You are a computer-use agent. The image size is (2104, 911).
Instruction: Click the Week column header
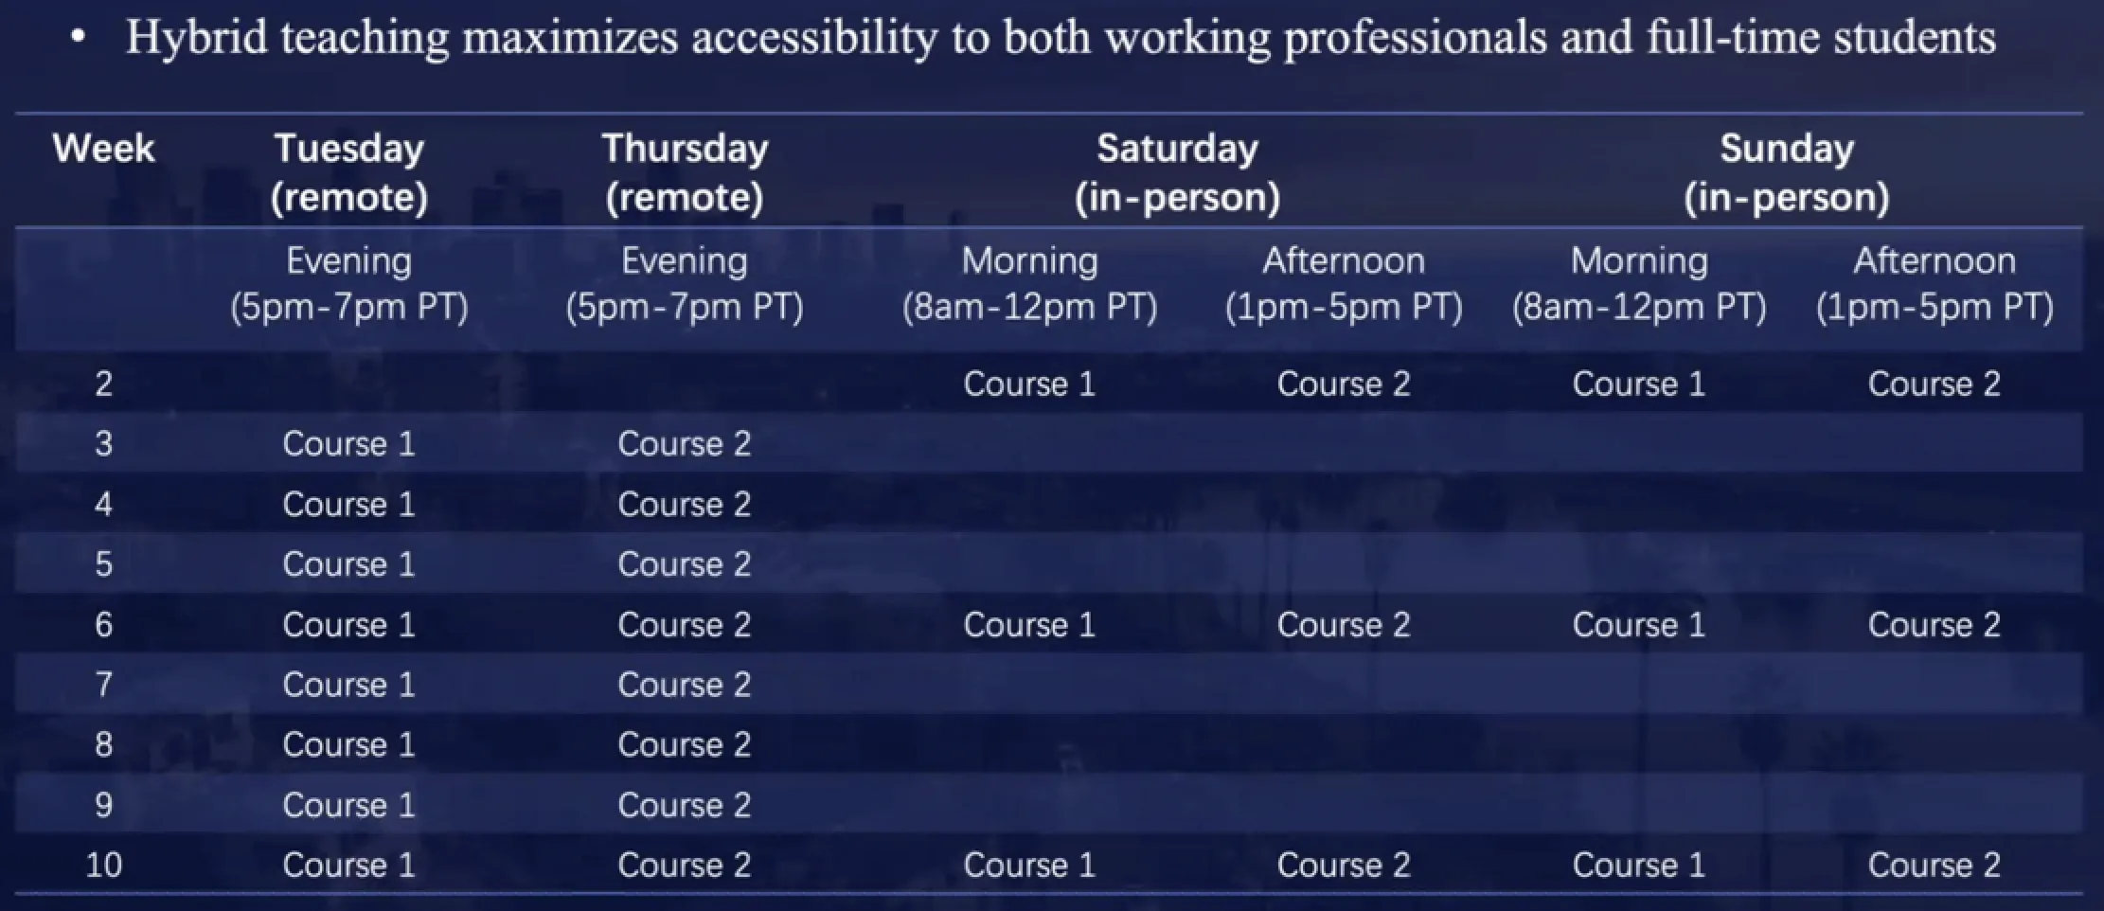pyautogui.click(x=103, y=149)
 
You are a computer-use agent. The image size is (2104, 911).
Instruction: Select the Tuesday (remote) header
pyautogui.click(x=349, y=172)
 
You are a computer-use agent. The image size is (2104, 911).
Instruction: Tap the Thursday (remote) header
pyautogui.click(x=685, y=172)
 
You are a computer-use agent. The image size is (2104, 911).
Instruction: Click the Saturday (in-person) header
pyautogui.click(x=1177, y=172)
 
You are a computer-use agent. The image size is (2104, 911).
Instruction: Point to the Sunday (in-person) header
pyautogui.click(x=1787, y=172)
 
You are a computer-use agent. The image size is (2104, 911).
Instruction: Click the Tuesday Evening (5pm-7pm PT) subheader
pyautogui.click(x=349, y=283)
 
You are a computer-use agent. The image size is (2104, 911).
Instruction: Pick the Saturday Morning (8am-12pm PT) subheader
pyautogui.click(x=1029, y=283)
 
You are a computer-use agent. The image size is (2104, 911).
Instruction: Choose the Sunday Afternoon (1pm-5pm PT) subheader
pyautogui.click(x=1935, y=283)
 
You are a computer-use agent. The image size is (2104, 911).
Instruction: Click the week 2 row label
pyautogui.click(x=103, y=384)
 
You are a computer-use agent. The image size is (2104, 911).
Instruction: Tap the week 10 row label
pyautogui.click(x=103, y=865)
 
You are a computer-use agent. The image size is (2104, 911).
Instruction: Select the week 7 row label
pyautogui.click(x=103, y=684)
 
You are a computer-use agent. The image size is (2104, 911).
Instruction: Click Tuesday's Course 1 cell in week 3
pyautogui.click(x=349, y=444)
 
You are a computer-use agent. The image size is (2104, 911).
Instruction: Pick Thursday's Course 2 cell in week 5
pyautogui.click(x=685, y=564)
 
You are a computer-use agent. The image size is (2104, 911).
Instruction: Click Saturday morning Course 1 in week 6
pyautogui.click(x=1029, y=625)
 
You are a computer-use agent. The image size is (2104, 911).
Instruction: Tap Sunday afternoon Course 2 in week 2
pyautogui.click(x=1935, y=384)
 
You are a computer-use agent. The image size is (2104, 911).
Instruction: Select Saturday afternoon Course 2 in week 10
pyautogui.click(x=1344, y=865)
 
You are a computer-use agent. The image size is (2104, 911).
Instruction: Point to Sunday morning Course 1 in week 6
pyautogui.click(x=1639, y=625)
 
